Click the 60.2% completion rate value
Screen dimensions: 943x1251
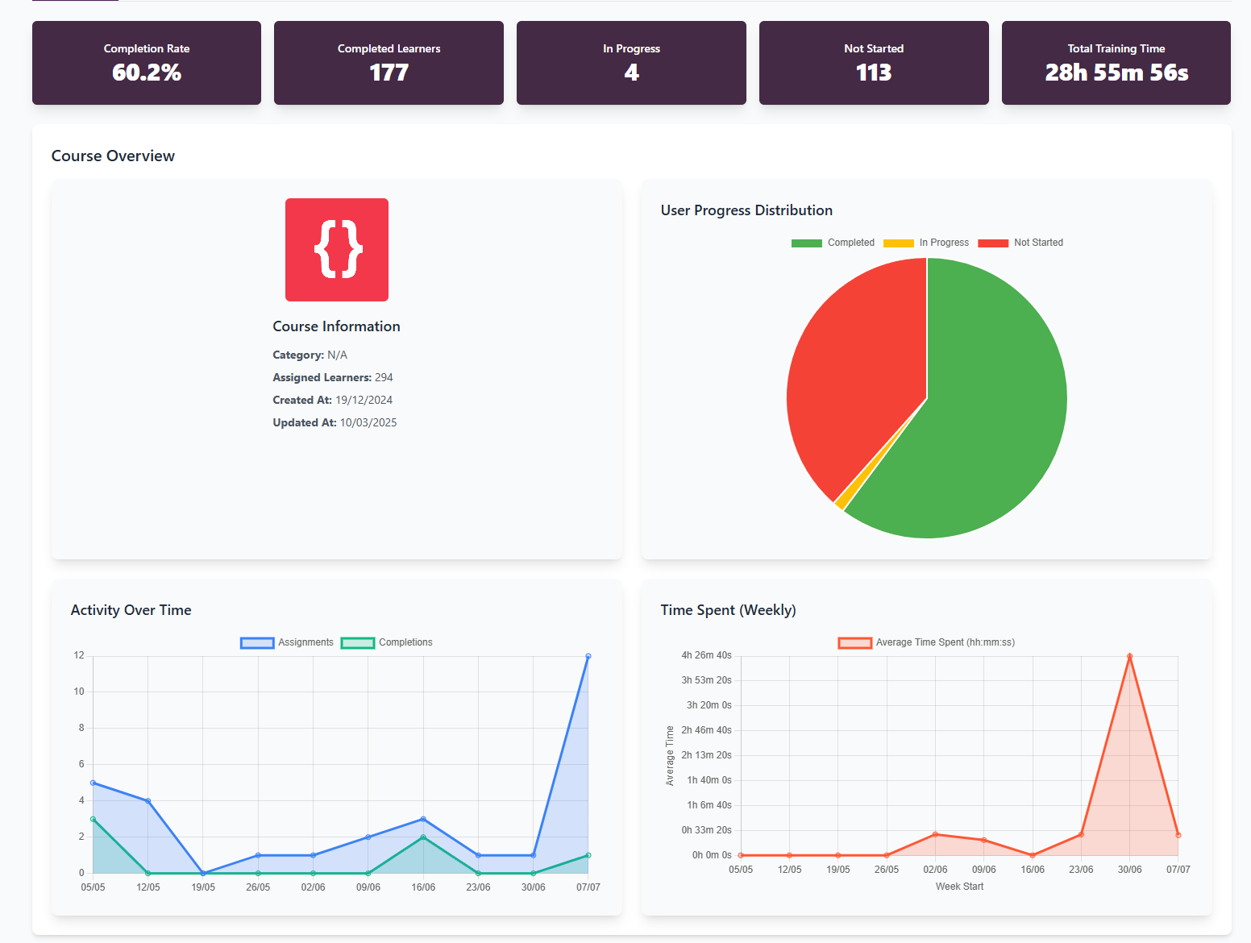pyautogui.click(x=147, y=73)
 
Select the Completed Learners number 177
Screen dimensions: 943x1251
pyautogui.click(x=389, y=73)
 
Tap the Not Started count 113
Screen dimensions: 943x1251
pyautogui.click(x=874, y=73)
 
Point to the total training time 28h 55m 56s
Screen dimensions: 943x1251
pyautogui.click(x=1116, y=73)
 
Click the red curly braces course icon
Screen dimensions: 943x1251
pyautogui.click(x=337, y=250)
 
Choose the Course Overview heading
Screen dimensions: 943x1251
pyautogui.click(x=113, y=156)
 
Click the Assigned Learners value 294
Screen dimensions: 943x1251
pyautogui.click(x=384, y=377)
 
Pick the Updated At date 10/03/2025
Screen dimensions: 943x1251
pyautogui.click(x=368, y=422)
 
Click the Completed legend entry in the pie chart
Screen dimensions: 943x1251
pyautogui.click(x=833, y=243)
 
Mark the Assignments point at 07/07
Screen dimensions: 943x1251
pyautogui.click(x=588, y=656)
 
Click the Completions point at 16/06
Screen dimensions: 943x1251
pyautogui.click(x=423, y=837)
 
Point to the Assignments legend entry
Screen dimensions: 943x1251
pyautogui.click(x=287, y=642)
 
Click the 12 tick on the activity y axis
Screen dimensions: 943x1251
pyautogui.click(x=79, y=655)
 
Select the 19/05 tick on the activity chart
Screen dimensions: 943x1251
pyautogui.click(x=203, y=887)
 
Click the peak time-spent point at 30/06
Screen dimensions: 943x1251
pyautogui.click(x=1129, y=656)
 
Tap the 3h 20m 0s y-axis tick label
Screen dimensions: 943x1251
pyautogui.click(x=709, y=705)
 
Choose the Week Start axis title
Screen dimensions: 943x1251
pyautogui.click(x=959, y=887)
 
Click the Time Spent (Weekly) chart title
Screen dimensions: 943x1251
pyautogui.click(x=728, y=610)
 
